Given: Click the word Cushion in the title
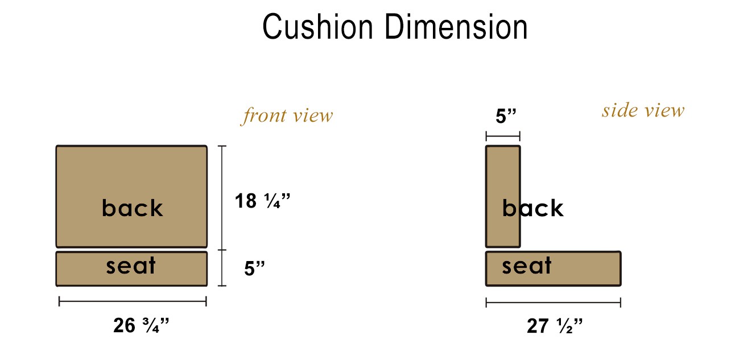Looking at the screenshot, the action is point(316,27).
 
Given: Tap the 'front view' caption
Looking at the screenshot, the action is point(287,116).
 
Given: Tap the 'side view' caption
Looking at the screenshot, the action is point(643,110).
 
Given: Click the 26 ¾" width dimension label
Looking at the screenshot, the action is point(142,326).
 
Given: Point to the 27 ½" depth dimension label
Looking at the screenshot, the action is point(555,326).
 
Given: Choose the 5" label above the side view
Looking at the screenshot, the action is point(506,117).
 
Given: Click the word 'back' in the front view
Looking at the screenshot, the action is point(132,208).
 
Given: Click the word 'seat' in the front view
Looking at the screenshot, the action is point(131,266).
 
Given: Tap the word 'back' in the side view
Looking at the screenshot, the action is point(532,209).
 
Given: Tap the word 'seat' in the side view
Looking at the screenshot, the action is point(527,266).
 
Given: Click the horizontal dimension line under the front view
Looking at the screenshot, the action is point(133,302).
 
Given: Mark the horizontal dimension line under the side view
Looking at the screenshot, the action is point(553,302).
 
